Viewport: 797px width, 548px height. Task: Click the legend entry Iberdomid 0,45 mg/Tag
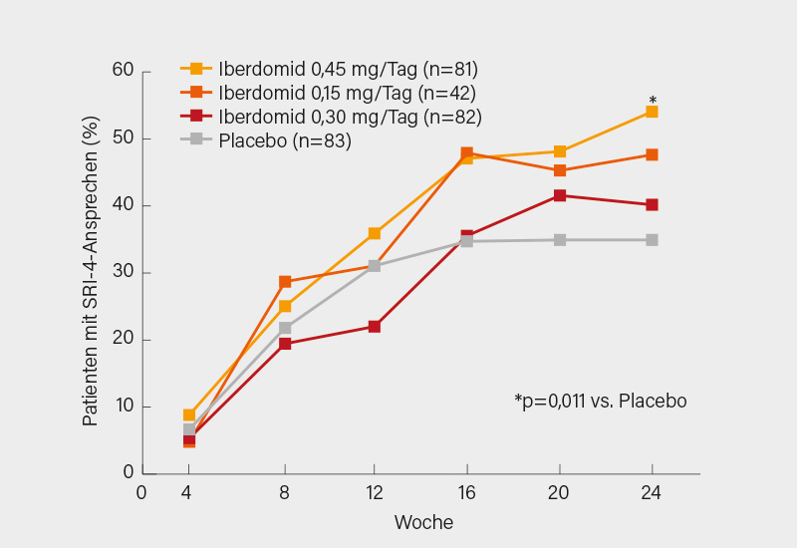pos(329,69)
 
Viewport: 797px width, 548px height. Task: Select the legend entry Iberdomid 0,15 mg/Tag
pos(329,93)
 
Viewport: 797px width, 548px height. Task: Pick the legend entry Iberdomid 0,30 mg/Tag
pos(329,117)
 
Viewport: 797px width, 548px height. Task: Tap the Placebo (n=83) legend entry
pos(269,140)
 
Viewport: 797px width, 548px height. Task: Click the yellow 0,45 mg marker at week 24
pos(652,112)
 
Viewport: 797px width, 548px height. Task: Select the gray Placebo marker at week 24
pos(652,240)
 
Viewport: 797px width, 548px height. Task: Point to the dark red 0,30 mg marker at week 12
pos(375,327)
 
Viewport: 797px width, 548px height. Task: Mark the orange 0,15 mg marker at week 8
pos(285,282)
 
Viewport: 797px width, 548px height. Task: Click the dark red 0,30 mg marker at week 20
pos(560,195)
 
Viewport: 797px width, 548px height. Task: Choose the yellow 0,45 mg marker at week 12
pos(375,233)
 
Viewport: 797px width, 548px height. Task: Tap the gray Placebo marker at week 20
pos(560,240)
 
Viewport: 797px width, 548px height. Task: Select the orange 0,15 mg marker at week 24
pos(652,154)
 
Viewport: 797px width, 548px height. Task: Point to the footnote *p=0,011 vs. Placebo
pos(600,401)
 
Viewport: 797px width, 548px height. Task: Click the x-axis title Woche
pos(423,522)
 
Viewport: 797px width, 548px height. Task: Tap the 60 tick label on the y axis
pos(123,72)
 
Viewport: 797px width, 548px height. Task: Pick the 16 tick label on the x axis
pos(466,493)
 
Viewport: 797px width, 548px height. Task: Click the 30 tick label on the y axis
pos(123,273)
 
